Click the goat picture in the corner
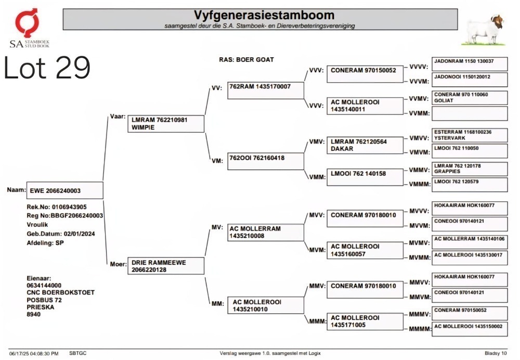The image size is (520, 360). pyautogui.click(x=484, y=29)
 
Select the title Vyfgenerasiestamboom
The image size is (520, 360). pyautogui.click(x=264, y=15)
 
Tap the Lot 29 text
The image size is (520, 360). pyautogui.click(x=47, y=68)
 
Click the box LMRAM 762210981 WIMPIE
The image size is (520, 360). pyautogui.click(x=166, y=123)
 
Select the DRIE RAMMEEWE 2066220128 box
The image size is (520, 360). pyautogui.click(x=166, y=266)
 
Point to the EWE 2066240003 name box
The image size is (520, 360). pyautogui.click(x=64, y=190)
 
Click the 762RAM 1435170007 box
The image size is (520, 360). pyautogui.click(x=265, y=90)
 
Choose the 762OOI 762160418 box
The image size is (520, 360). pyautogui.click(x=265, y=161)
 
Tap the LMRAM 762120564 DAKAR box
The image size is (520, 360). pyautogui.click(x=365, y=145)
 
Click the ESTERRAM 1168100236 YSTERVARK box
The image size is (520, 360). pyautogui.click(x=470, y=135)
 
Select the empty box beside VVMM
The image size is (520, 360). pyautogui.click(x=470, y=113)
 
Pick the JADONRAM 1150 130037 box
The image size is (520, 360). pyautogui.click(x=470, y=64)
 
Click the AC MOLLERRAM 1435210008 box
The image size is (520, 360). pyautogui.click(x=265, y=232)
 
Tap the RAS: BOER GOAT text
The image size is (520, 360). pyautogui.click(x=246, y=60)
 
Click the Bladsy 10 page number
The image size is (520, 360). pyautogui.click(x=496, y=353)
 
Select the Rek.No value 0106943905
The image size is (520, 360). pyautogui.click(x=69, y=207)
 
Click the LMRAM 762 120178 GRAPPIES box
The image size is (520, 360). pyautogui.click(x=470, y=169)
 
